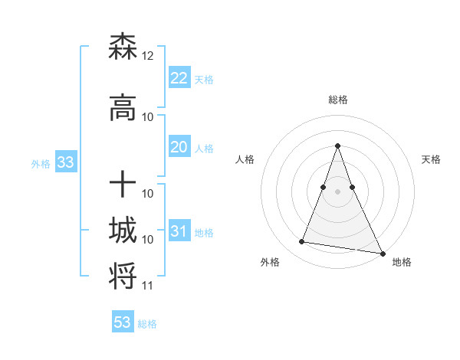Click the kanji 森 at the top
(123, 47)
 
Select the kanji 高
(123, 109)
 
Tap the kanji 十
(123, 185)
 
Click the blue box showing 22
(179, 77)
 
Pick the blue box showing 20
(179, 147)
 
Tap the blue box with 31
(179, 231)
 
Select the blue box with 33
(65, 162)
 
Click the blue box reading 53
(123, 322)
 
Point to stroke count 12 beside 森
(148, 56)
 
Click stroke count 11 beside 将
(148, 286)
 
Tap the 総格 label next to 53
(147, 324)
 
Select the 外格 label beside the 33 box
(41, 163)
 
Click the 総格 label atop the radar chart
(337, 100)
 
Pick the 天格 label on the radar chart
(431, 159)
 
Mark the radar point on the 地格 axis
(382, 253)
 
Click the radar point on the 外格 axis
(302, 242)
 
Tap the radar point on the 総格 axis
(337, 146)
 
